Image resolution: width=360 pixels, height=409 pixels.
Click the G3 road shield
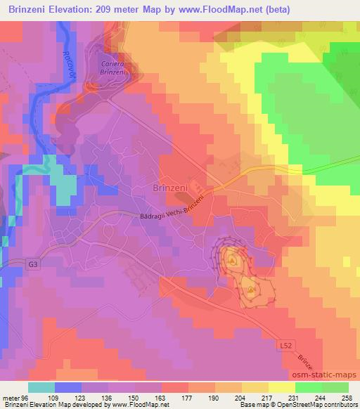(x=14, y=262)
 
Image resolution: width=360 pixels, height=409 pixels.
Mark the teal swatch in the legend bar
(x=41, y=387)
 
